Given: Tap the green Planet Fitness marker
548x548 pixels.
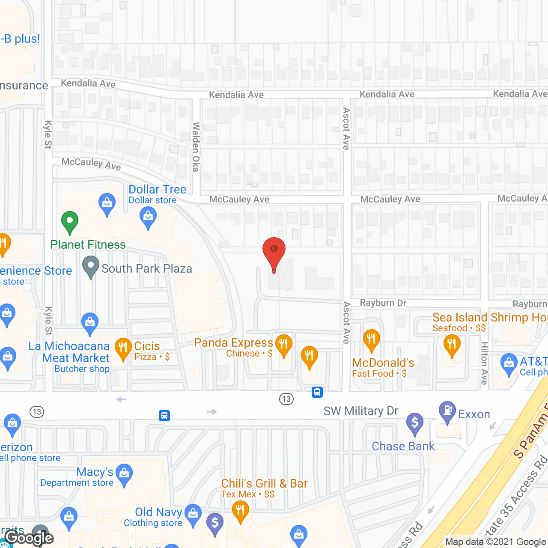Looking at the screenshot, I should click(69, 222).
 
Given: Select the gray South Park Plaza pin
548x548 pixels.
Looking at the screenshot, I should click(91, 266).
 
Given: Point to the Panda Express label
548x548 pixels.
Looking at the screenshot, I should click(233, 343).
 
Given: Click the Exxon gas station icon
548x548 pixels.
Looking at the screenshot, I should click(447, 411).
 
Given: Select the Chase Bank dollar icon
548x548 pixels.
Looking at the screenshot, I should click(414, 423).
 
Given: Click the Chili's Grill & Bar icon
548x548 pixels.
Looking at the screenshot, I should click(240, 511).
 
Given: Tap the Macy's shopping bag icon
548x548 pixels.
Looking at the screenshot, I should click(124, 474).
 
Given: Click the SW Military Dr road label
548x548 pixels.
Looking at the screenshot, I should click(361, 411).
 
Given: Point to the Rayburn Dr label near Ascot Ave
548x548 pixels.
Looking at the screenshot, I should click(383, 303).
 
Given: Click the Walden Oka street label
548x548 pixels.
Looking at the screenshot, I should click(196, 147).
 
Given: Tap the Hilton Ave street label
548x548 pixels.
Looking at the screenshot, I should click(485, 363).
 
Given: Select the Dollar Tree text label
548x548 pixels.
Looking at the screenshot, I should click(157, 189).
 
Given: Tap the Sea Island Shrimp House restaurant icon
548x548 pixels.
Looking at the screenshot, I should click(452, 345).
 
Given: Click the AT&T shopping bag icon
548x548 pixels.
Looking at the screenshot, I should click(509, 364).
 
